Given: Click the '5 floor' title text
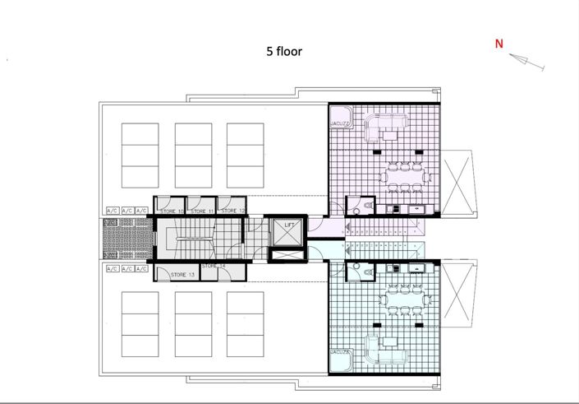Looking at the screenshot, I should tap(284, 51).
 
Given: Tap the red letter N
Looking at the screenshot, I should tap(499, 44).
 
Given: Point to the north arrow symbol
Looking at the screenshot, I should tap(521, 61).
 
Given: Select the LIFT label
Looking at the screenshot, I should tap(289, 225).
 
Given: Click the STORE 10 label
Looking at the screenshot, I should tap(171, 211).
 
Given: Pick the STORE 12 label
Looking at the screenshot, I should tap(233, 211).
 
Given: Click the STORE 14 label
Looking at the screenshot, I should tap(214, 267).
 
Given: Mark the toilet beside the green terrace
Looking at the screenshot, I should tap(361, 269).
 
